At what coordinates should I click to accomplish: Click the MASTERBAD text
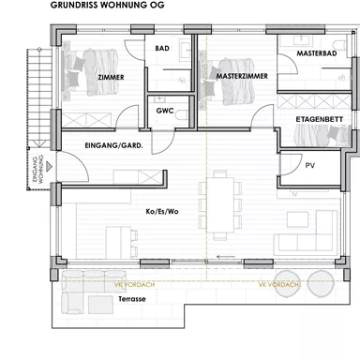[x=316, y=54]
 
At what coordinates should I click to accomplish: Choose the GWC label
[x=165, y=112]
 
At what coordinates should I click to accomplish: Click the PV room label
[x=309, y=164]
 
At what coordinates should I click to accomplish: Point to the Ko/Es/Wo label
[x=162, y=212]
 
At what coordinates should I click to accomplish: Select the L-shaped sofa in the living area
[x=314, y=230]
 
